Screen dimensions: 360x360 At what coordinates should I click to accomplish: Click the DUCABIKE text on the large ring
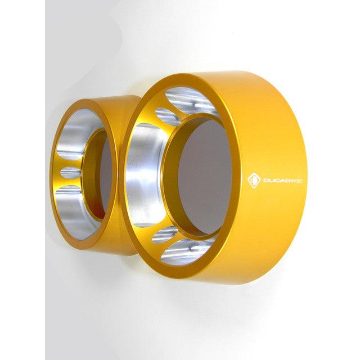(x=282, y=181)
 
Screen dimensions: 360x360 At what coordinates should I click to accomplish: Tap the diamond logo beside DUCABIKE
(x=254, y=181)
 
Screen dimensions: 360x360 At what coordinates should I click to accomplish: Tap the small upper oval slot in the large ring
(x=168, y=117)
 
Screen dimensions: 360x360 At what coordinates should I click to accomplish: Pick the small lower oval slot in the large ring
(x=164, y=235)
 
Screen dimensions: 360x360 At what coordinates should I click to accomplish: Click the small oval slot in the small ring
(x=71, y=173)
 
